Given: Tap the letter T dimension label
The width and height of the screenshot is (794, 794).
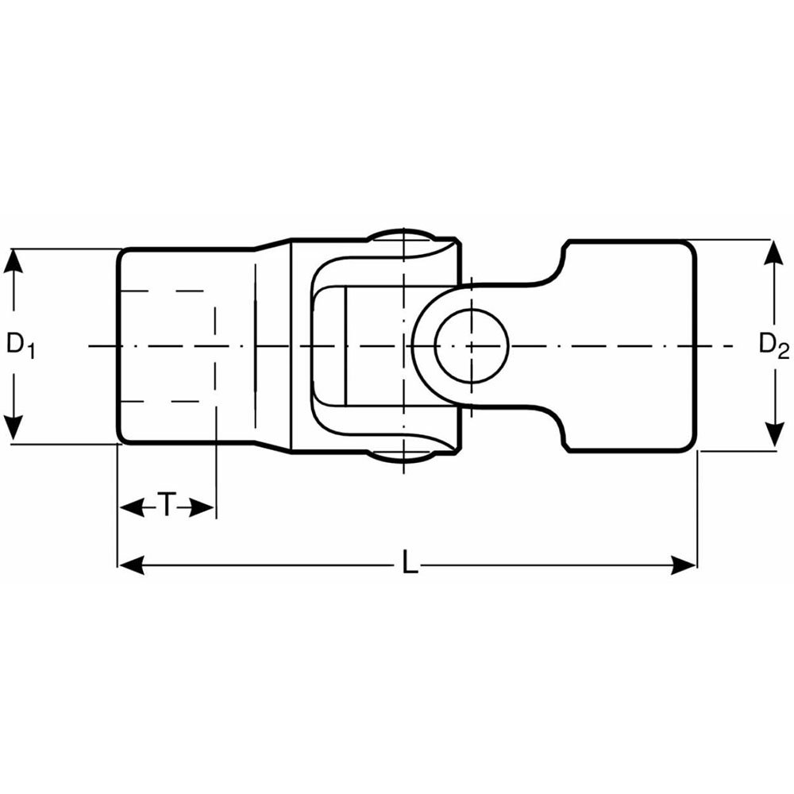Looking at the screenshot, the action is point(167,504).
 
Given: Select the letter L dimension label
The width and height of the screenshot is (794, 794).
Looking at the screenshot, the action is point(410,561).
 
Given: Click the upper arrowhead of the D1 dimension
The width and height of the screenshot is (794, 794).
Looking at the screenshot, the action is point(13,263).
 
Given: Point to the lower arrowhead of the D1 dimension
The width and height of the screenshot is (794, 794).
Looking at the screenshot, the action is point(13,427).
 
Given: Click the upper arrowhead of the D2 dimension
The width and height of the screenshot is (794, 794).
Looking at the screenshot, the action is point(773,256).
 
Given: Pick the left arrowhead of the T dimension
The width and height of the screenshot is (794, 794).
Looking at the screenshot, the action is point(132,507).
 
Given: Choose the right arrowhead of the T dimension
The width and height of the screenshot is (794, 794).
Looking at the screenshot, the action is point(202,507).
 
